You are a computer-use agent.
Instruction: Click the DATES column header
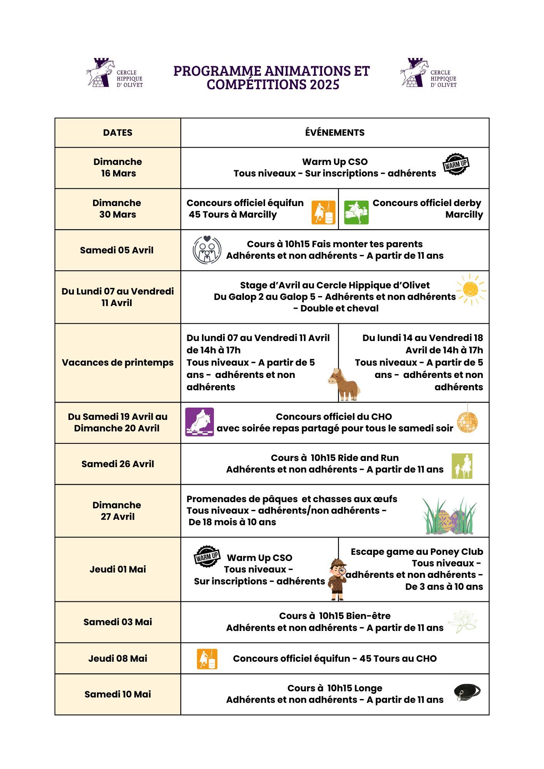[x=118, y=133]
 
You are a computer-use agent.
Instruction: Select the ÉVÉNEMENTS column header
[x=335, y=133]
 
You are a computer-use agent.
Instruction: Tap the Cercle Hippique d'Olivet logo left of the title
[x=114, y=73]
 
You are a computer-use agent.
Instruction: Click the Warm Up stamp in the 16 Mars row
[x=456, y=164]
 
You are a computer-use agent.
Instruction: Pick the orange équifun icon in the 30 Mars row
[x=323, y=212]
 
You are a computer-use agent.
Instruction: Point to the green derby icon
[x=356, y=212]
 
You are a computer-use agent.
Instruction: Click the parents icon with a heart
[x=207, y=250]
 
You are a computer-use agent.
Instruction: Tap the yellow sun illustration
[x=471, y=289]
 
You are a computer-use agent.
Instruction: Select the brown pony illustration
[x=344, y=384]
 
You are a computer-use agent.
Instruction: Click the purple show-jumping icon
[x=199, y=422]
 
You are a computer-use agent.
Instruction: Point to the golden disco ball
[x=467, y=422]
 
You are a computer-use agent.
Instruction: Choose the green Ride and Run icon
[x=462, y=466]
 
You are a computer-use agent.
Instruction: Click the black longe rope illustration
[x=467, y=692]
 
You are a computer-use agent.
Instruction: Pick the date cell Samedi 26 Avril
[x=118, y=464]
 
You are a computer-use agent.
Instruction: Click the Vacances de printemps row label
[x=118, y=363]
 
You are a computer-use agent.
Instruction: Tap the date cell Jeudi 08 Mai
[x=118, y=659]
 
